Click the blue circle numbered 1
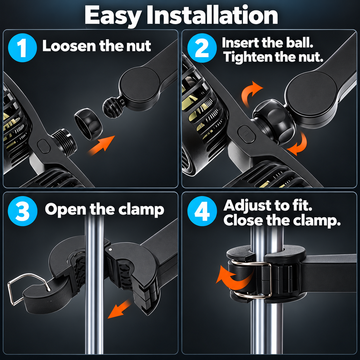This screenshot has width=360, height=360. [21, 48]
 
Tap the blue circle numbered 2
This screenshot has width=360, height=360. [202, 48]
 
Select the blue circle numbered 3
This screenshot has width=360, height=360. [22, 211]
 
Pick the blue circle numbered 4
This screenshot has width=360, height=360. [202, 211]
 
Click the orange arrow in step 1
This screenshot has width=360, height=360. [101, 145]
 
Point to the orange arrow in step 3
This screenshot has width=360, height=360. [119, 309]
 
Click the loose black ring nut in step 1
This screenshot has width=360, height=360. [88, 123]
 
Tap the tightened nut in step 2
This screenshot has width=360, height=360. [273, 121]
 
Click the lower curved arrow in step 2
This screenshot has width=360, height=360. [297, 143]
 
